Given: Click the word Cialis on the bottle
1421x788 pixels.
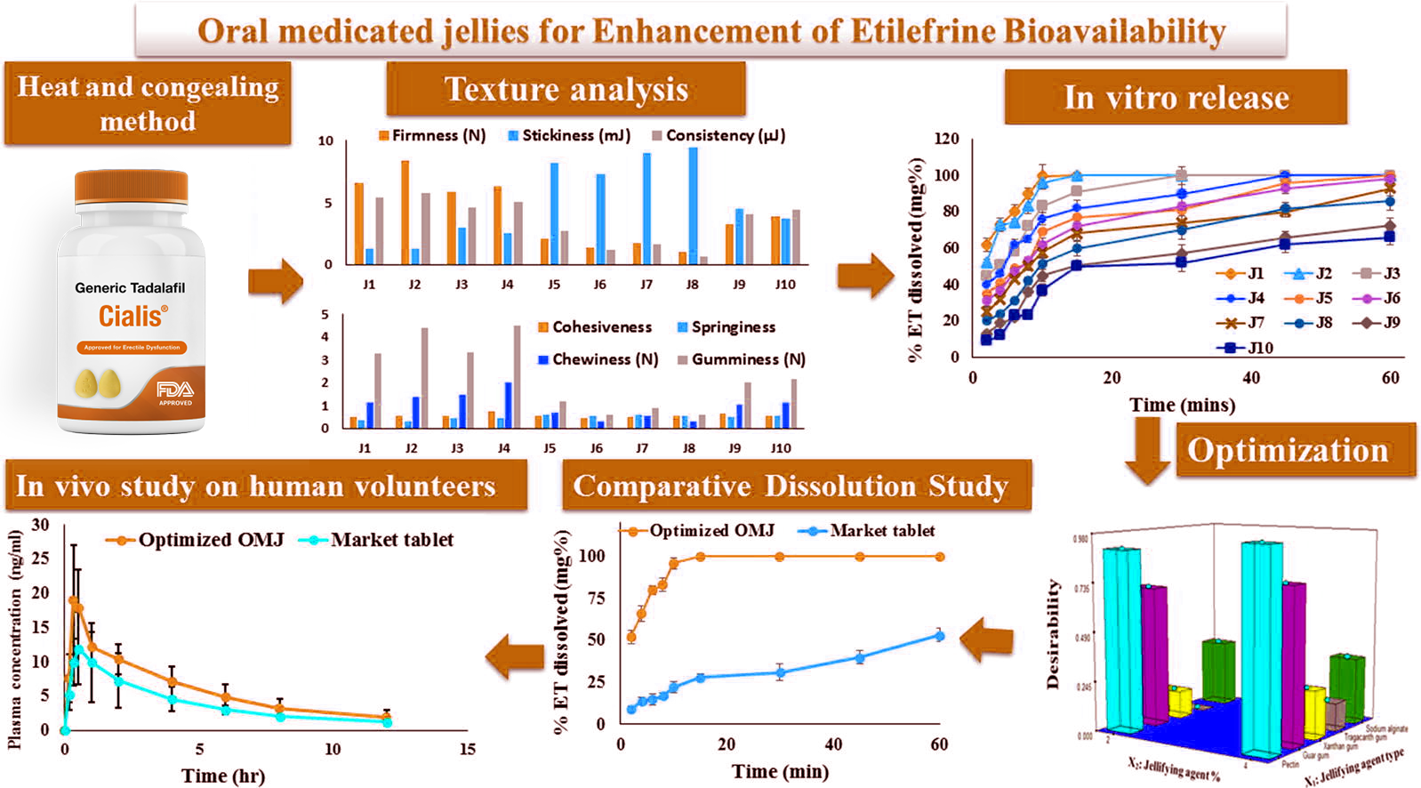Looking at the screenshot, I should coord(132,316).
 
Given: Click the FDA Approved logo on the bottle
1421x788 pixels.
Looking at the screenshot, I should coord(175,391).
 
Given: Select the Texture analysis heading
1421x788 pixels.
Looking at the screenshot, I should coord(566,89).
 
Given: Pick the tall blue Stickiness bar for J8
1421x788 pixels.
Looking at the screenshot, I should coord(693,205).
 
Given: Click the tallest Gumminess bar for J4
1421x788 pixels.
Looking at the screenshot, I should coord(518,376).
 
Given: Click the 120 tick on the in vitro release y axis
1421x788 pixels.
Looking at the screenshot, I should coord(947,139).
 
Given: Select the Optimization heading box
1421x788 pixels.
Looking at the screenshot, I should coord(1295,450).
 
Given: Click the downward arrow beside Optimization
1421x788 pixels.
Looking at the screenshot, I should coord(1147,450).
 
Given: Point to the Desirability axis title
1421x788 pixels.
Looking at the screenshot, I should coord(1054,633).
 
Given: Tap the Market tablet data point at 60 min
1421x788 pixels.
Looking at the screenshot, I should coord(939,636).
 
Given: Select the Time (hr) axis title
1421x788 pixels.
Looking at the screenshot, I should coord(223,776).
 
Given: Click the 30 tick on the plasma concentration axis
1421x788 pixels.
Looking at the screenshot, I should coord(40,525).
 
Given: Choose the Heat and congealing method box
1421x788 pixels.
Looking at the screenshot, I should coord(148,103).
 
